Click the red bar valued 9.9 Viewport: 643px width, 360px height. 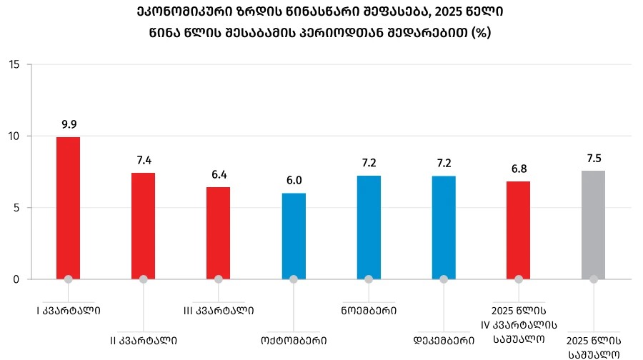(x=68, y=207)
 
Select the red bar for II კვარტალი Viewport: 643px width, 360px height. (x=143, y=225)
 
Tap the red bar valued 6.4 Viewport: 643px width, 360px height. (x=218, y=232)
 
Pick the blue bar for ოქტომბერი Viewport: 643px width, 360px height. (x=294, y=236)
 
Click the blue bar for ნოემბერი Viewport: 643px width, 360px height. (x=369, y=226)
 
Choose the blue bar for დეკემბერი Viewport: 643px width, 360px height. (x=444, y=226)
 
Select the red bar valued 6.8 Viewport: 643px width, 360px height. (x=519, y=229)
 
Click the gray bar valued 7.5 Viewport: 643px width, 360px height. (x=594, y=224)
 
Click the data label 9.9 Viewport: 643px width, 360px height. (x=69, y=124)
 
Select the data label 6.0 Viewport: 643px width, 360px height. (x=294, y=181)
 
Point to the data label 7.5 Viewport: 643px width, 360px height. (x=594, y=158)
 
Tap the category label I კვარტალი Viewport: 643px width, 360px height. (x=69, y=311)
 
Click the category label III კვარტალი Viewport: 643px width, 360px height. (x=219, y=311)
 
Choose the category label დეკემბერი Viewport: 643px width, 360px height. (x=444, y=340)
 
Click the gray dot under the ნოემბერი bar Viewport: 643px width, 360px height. (x=369, y=279)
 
